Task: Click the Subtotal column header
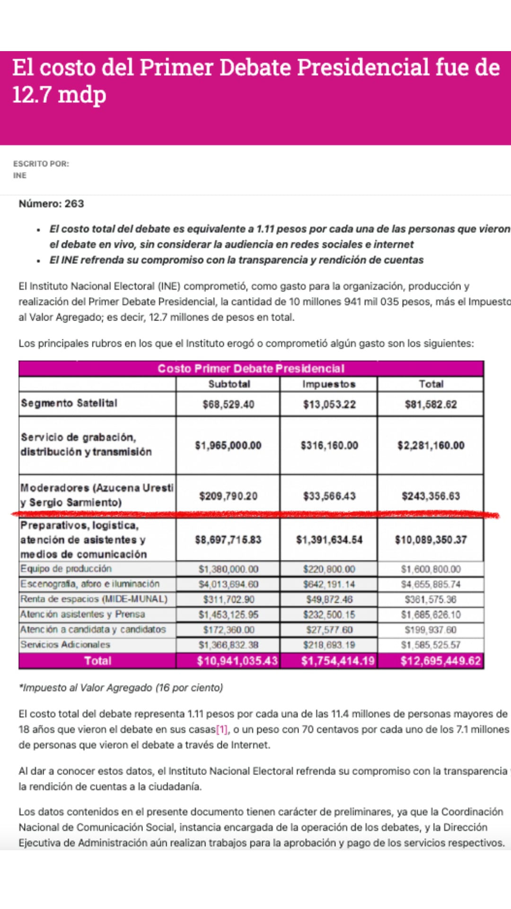click(x=229, y=384)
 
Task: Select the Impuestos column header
click(x=329, y=384)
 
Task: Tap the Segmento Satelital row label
click(x=69, y=403)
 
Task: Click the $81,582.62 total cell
click(x=431, y=404)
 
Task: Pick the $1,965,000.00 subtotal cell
click(x=228, y=446)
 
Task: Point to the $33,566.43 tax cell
click(x=329, y=496)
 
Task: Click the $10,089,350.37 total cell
click(x=431, y=540)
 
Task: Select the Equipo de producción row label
click(x=66, y=569)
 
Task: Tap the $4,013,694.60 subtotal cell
click(x=229, y=584)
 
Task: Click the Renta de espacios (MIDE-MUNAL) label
click(x=94, y=599)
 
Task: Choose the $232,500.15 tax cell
click(x=329, y=615)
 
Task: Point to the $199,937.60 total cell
click(x=431, y=630)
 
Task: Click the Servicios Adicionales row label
click(x=65, y=644)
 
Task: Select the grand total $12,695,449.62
click(x=441, y=661)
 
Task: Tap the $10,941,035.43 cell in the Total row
click(x=237, y=661)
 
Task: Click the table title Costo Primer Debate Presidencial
click(x=251, y=368)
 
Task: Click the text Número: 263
click(x=51, y=204)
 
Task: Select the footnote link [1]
click(x=221, y=730)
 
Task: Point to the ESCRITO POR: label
click(x=41, y=164)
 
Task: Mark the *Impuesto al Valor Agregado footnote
click(x=121, y=687)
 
